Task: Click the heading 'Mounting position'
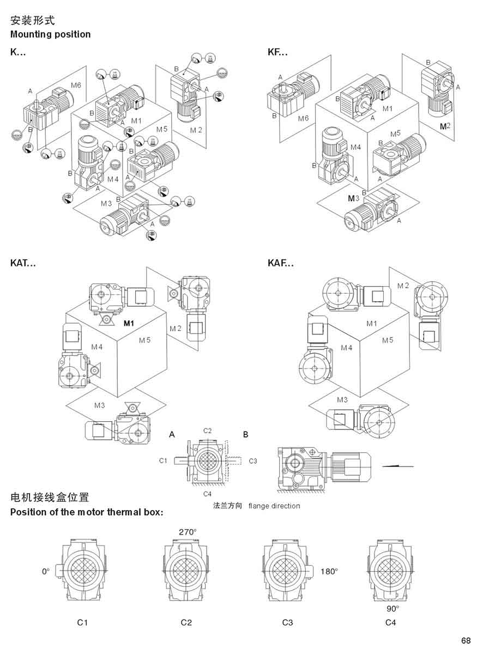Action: click(x=51, y=34)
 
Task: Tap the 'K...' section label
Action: click(x=18, y=52)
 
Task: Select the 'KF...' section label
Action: click(x=277, y=52)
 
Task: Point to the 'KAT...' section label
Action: click(x=23, y=263)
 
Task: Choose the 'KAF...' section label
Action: click(x=281, y=263)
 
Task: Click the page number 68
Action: click(x=466, y=640)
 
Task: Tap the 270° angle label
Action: click(x=188, y=531)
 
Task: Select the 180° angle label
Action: click(x=329, y=572)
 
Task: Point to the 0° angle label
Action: click(x=46, y=572)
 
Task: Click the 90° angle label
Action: click(x=393, y=608)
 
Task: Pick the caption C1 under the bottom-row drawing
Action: click(x=82, y=622)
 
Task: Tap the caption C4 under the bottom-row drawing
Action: click(x=390, y=622)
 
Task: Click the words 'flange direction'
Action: click(x=274, y=506)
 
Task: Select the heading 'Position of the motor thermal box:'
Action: click(x=87, y=512)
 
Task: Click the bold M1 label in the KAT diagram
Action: click(x=129, y=323)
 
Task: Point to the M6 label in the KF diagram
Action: click(x=303, y=118)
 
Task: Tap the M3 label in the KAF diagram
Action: click(x=342, y=399)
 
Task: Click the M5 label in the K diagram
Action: click(x=162, y=129)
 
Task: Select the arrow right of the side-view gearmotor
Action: click(x=397, y=466)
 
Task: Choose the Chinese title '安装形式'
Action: click(x=33, y=21)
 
